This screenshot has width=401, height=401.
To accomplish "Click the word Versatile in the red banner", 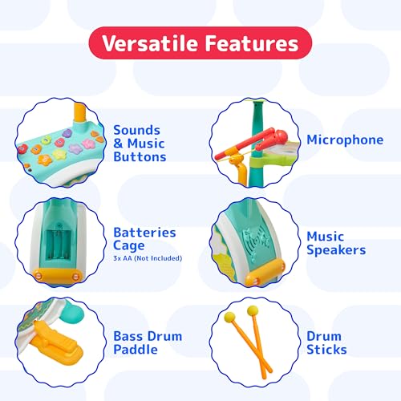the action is tap(149, 43).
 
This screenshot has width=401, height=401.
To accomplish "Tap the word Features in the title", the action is tap(252, 43).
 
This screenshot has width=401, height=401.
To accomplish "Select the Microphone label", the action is tap(345, 140).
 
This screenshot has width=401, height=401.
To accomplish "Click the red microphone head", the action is tap(279, 137).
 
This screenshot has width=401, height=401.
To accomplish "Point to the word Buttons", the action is tap(140, 156).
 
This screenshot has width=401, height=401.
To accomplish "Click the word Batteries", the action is tap(144, 233).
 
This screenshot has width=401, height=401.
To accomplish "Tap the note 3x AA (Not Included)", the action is tap(148, 258).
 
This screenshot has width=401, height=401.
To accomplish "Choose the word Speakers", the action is tap(336, 250).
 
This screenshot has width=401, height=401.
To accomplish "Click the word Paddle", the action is tap(136, 349).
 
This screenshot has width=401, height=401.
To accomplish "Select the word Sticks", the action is tap(326, 349).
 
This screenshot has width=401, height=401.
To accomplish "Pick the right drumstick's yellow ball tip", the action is tap(253, 310).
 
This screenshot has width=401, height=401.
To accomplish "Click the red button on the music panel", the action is tap(22, 148).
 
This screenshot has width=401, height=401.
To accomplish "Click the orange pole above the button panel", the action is tap(79, 111).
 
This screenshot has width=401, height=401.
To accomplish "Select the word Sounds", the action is tap(136, 130).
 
